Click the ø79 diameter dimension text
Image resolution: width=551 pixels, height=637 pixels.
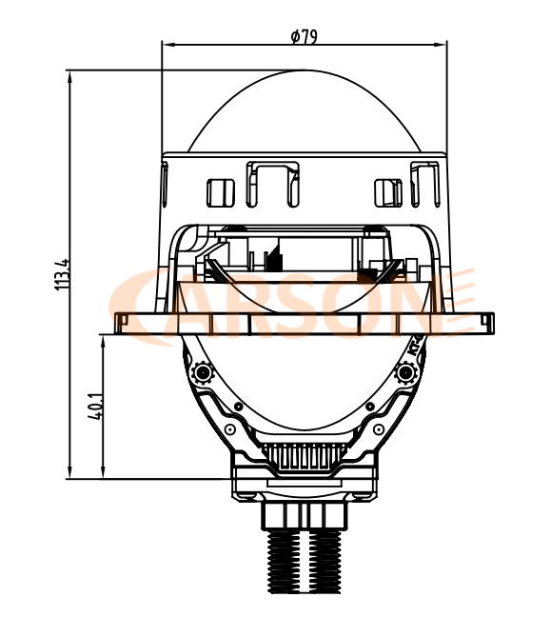[304, 36]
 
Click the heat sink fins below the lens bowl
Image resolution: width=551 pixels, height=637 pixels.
[304, 457]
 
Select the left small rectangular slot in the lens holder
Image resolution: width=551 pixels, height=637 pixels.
[221, 191]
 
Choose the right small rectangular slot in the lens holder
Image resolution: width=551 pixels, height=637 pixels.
[388, 191]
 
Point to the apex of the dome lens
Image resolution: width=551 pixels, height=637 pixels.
[304, 72]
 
